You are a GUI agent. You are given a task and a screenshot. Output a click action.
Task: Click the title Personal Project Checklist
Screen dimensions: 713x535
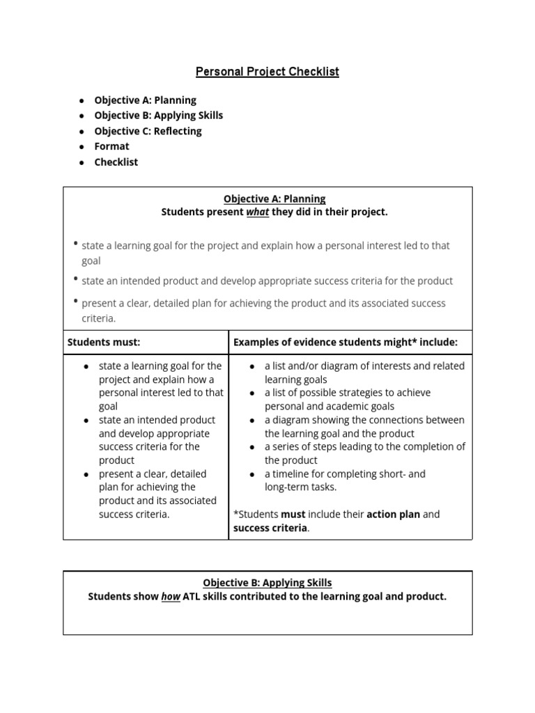coord(267,72)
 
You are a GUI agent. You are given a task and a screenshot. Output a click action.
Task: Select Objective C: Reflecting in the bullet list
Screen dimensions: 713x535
coord(148,131)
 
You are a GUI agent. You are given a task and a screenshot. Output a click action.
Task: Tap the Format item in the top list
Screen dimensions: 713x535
coord(111,146)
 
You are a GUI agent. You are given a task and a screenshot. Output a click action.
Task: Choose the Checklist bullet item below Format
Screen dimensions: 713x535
coord(116,162)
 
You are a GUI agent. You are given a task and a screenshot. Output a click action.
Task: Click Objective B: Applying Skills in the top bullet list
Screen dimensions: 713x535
coord(158,116)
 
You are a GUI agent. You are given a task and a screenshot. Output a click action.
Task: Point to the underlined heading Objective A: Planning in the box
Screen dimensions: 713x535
coord(274,198)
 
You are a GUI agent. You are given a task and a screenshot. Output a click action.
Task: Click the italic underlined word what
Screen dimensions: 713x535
coord(258,212)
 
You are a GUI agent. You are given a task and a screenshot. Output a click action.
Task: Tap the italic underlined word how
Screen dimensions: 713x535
coord(171,597)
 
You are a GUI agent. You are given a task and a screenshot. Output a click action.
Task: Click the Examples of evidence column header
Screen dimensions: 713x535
coord(345,342)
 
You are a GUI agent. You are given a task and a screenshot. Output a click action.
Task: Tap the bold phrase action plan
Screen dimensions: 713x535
coord(394,515)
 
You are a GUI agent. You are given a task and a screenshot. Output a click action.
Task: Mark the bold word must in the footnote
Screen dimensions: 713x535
coord(293,515)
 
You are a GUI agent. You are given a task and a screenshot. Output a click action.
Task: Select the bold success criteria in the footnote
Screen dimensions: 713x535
coord(270,528)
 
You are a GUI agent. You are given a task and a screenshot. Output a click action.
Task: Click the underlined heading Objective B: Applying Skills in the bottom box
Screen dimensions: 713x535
coord(267,583)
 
